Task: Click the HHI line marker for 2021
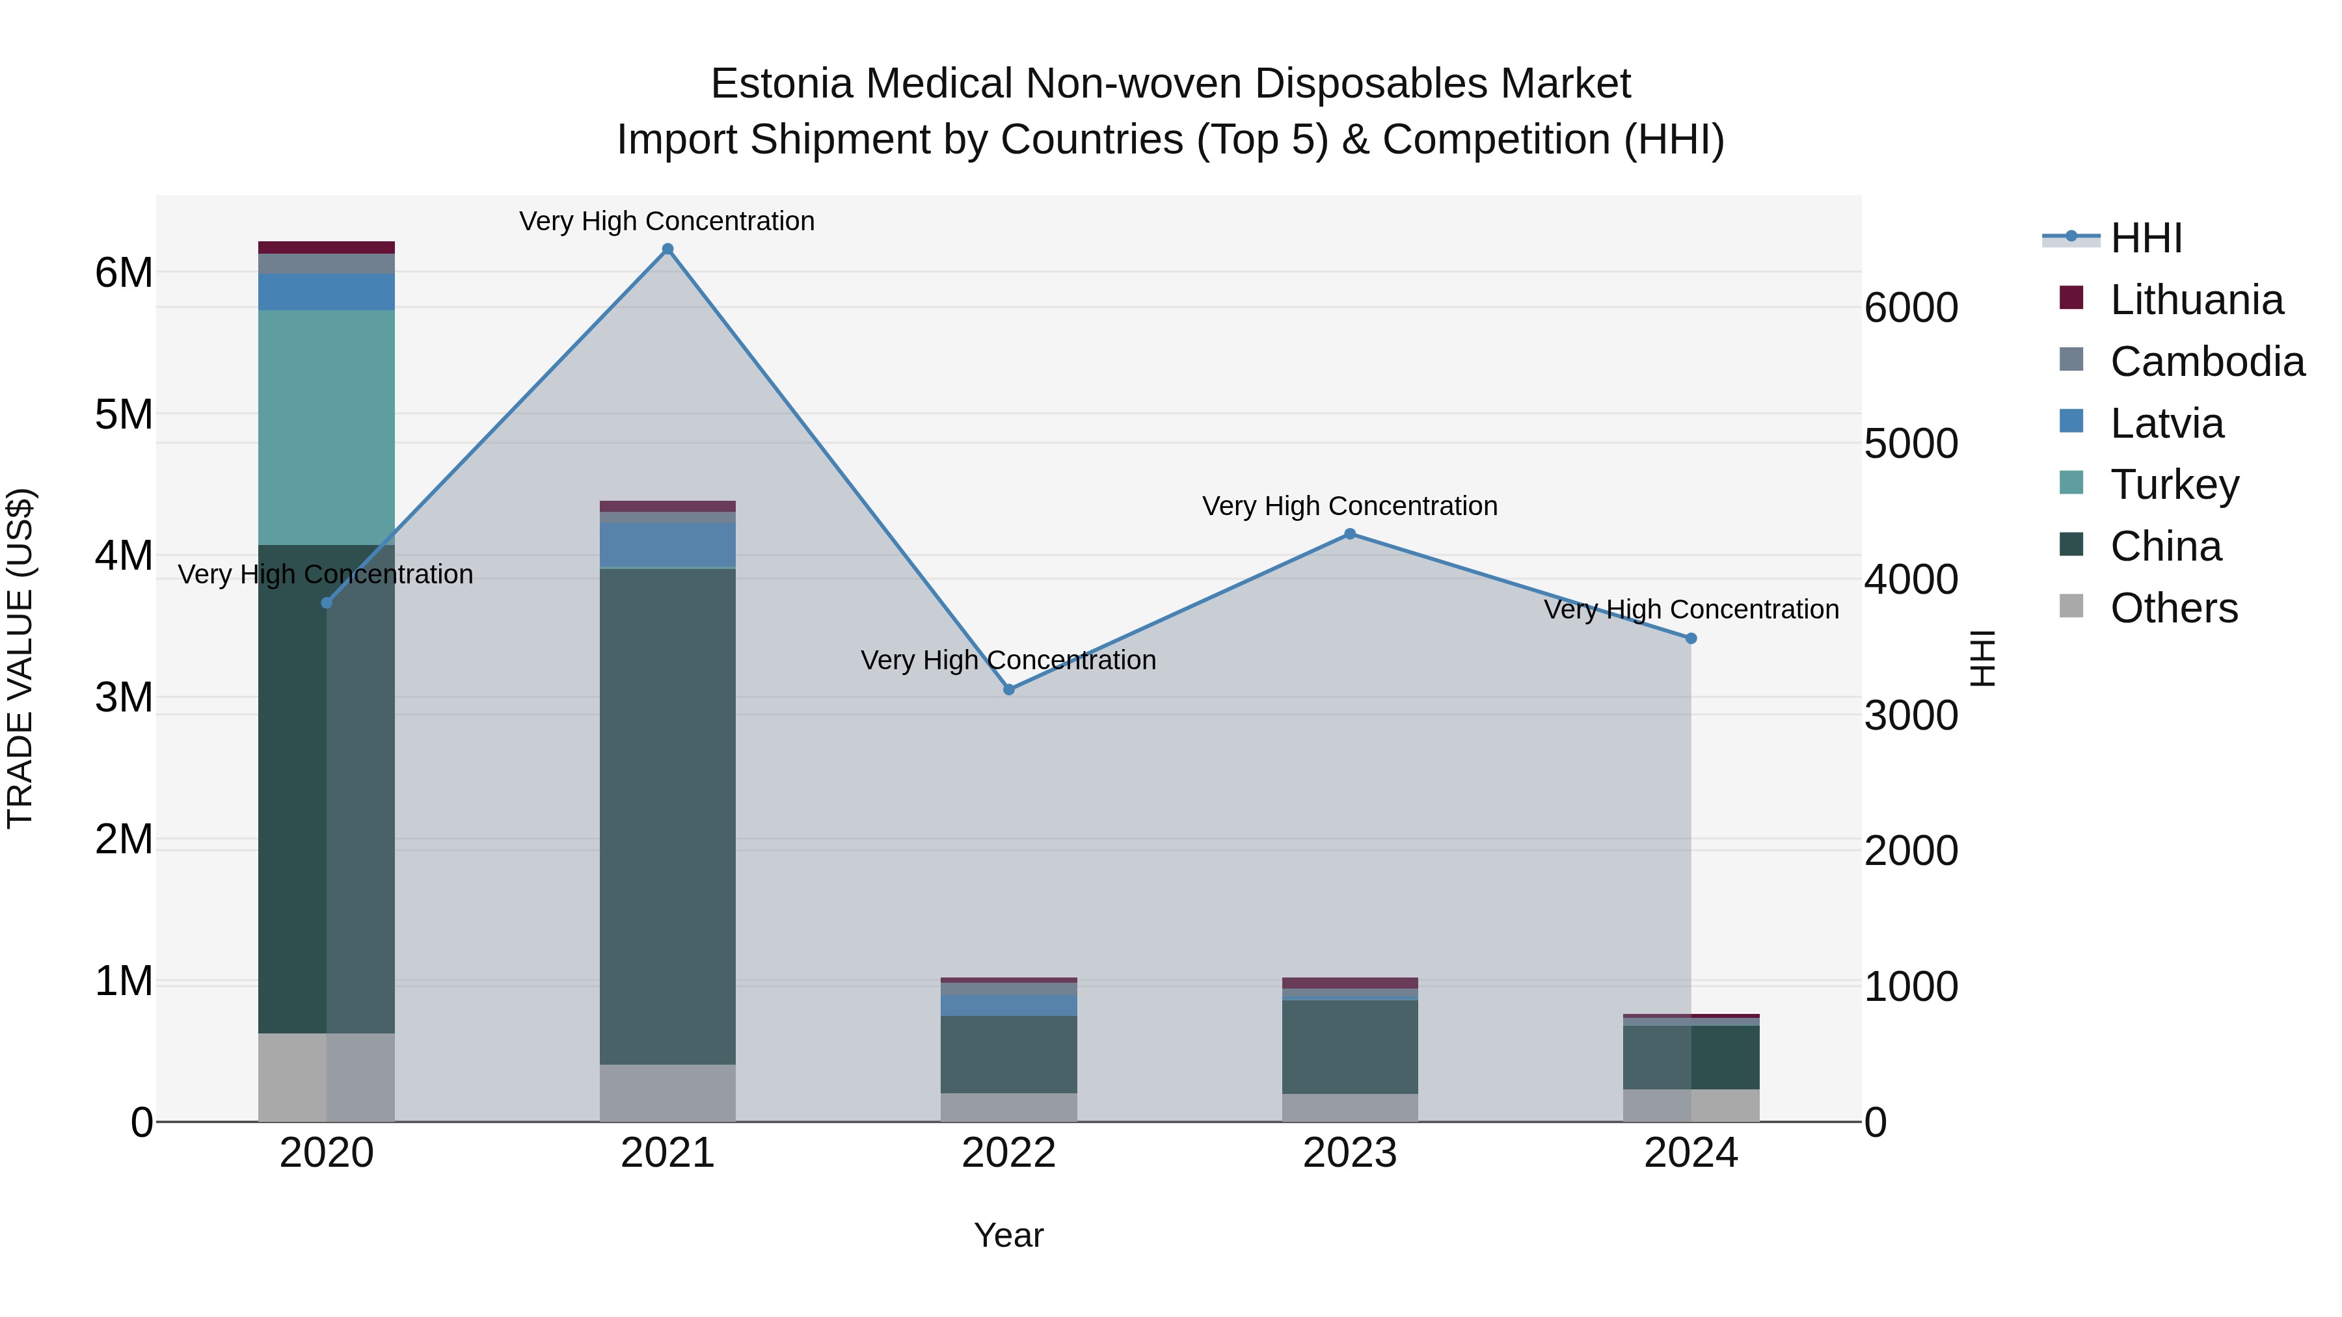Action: (667, 249)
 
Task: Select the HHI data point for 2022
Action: (1008, 690)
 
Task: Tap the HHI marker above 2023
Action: (1350, 535)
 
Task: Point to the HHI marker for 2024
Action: (1691, 639)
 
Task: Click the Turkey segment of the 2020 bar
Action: (327, 427)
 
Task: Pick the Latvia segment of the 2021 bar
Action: (667, 544)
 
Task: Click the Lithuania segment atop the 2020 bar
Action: (327, 247)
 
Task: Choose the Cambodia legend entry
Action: (2207, 362)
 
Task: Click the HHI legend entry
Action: (2146, 238)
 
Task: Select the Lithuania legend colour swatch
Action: (2071, 298)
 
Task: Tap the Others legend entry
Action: (2173, 608)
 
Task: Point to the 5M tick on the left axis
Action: (124, 414)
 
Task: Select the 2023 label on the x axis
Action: (1350, 1153)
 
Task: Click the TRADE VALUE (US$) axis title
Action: (20, 658)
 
